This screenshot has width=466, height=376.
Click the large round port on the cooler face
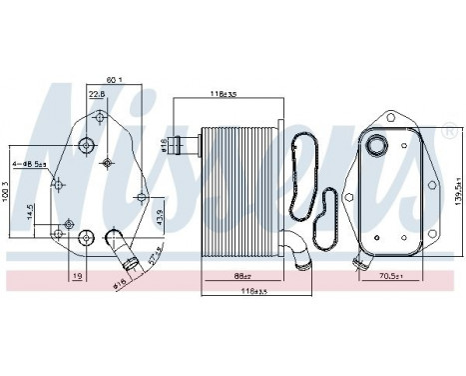[378, 148]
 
